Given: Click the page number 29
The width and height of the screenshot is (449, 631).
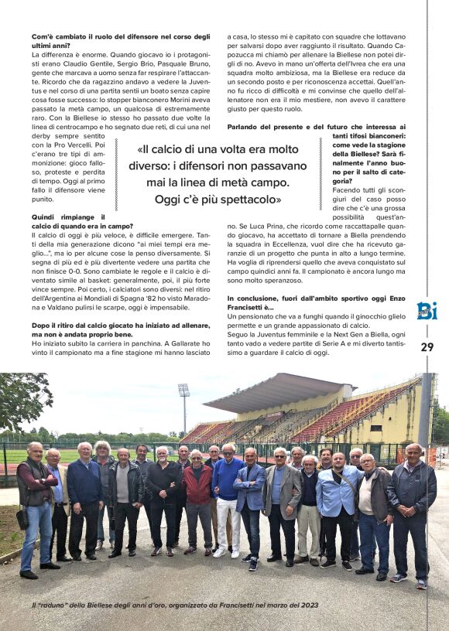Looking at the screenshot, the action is pyautogui.click(x=427, y=347).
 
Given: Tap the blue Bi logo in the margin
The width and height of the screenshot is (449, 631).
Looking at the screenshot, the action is pyautogui.click(x=427, y=311).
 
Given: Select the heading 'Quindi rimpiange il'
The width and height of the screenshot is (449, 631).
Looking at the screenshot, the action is pyautogui.click(x=68, y=218).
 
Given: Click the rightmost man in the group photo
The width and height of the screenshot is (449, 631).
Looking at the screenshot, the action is pyautogui.click(x=413, y=513).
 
